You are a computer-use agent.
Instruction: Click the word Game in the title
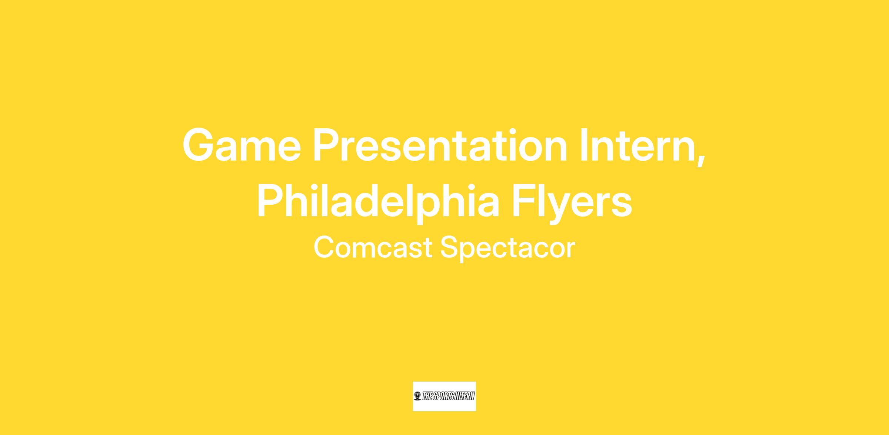pyautogui.click(x=242, y=145)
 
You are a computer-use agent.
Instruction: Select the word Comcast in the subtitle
pyautogui.click(x=373, y=248)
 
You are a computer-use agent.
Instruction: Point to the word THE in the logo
pyautogui.click(x=427, y=396)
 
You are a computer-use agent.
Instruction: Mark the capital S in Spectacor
pyautogui.click(x=449, y=247)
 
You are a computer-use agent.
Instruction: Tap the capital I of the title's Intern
pyautogui.click(x=585, y=145)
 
